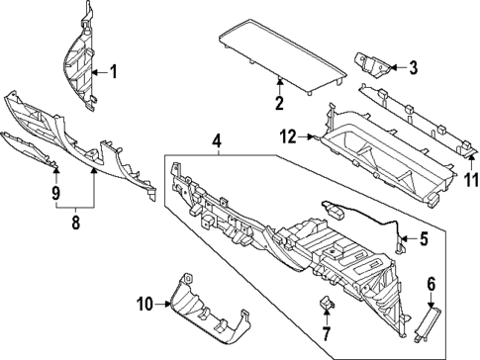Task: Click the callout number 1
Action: click(x=113, y=71)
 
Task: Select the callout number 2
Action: click(x=280, y=102)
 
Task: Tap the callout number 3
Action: click(x=414, y=68)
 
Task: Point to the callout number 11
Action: click(x=471, y=181)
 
